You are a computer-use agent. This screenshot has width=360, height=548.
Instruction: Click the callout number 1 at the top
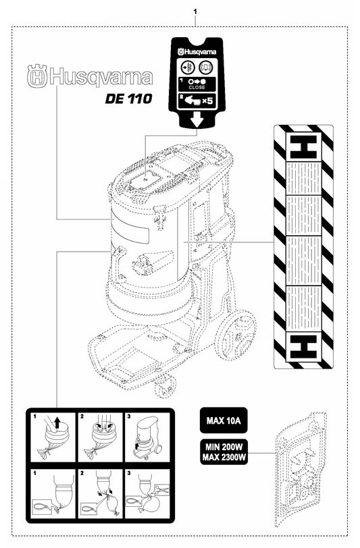[x=195, y=12]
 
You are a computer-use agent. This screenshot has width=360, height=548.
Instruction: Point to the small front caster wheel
[x=163, y=386]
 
